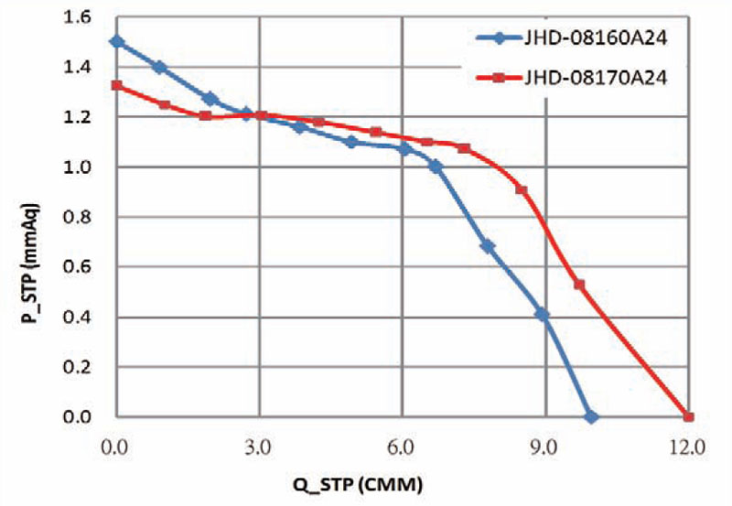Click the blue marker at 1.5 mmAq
pos(116,42)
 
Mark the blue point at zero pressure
pos(591,417)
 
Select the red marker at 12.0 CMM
pos(687,417)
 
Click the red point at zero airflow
pos(116,85)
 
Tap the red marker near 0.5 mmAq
pos(579,285)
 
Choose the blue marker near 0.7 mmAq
pos(488,246)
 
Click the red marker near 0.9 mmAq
pos(522,189)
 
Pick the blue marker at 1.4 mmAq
pos(160,67)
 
